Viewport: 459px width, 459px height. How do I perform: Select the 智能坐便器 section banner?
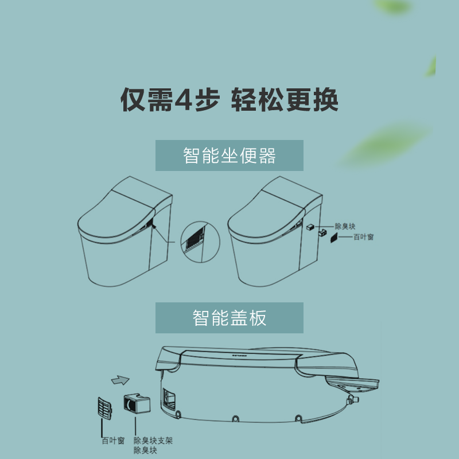[x=229, y=155]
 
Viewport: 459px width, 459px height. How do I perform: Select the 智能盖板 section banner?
[x=229, y=318]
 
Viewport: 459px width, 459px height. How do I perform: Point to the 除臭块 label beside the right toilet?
[x=345, y=227]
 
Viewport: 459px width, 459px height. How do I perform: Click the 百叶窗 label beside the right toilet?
[x=363, y=236]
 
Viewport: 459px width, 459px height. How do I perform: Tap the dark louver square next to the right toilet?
[x=332, y=238]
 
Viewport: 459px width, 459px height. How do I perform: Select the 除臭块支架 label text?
[x=153, y=441]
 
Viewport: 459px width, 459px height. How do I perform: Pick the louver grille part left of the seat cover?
[x=106, y=409]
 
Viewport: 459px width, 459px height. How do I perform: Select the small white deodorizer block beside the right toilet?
[x=310, y=227]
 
